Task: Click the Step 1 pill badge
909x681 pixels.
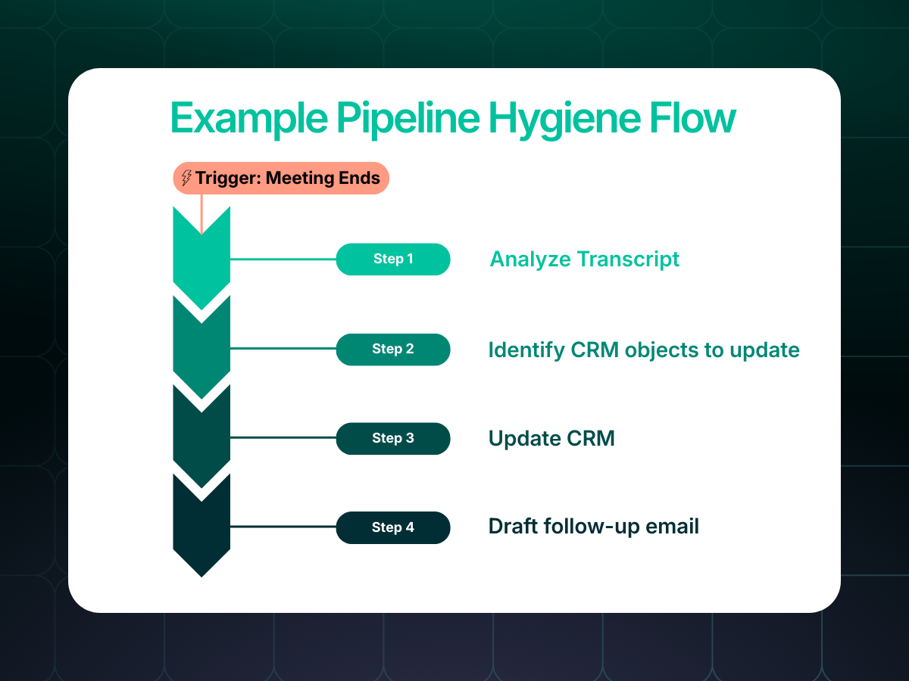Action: pos(393,259)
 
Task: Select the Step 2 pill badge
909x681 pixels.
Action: pos(393,349)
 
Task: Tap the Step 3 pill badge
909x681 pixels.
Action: pos(393,438)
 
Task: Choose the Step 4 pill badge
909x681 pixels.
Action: pos(393,527)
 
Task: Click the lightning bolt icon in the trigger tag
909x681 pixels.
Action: pos(186,179)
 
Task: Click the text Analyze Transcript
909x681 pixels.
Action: pos(584,260)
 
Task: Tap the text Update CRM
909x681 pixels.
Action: pos(551,438)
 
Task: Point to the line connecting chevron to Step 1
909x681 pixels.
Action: pos(284,259)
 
